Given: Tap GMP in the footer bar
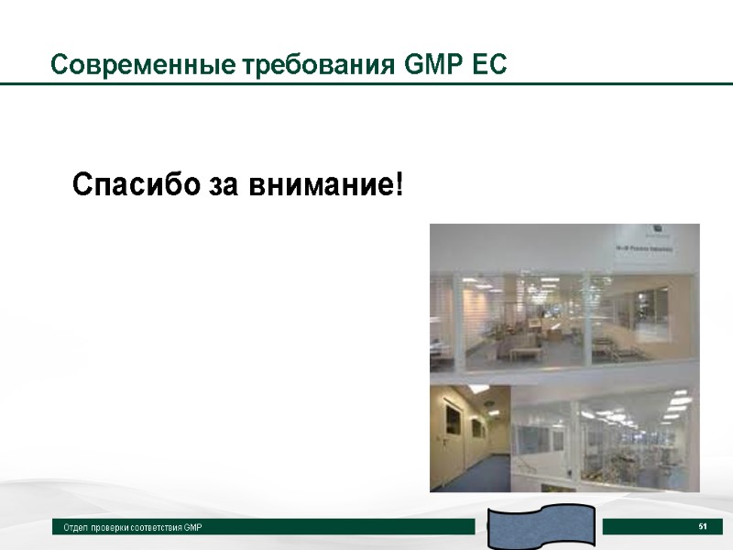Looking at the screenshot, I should click(191, 528).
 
